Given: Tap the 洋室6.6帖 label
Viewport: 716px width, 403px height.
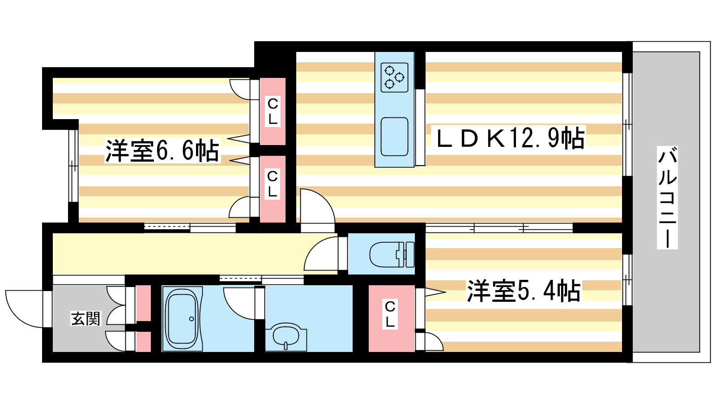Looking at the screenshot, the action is pyautogui.click(x=162, y=150).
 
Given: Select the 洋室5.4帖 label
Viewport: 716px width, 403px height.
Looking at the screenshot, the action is pyautogui.click(x=524, y=291).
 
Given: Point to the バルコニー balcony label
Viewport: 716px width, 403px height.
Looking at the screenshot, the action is pyautogui.click(x=667, y=197).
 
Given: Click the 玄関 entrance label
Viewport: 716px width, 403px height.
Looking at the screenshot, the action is pyautogui.click(x=85, y=318).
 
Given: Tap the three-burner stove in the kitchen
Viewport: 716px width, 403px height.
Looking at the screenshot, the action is pyautogui.click(x=394, y=77).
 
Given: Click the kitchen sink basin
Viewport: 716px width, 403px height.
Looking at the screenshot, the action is pyautogui.click(x=394, y=137).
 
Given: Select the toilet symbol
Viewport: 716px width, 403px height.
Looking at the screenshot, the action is pyautogui.click(x=392, y=255).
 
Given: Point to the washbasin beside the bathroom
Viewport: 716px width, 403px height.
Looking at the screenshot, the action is pyautogui.click(x=286, y=336).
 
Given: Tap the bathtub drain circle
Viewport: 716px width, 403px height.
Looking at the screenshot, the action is pyautogui.click(x=192, y=319).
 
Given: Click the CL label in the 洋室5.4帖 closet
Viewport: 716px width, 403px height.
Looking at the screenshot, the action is pyautogui.click(x=390, y=314).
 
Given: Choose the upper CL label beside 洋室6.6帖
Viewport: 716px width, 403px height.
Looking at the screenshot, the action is pyautogui.click(x=273, y=111).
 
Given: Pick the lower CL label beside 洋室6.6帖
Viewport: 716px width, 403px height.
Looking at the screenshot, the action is pyautogui.click(x=272, y=184).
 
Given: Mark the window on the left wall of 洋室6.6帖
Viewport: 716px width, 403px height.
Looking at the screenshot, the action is pyautogui.click(x=73, y=166).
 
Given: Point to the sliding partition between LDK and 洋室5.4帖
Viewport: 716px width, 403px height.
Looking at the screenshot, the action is pyautogui.click(x=499, y=228).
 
